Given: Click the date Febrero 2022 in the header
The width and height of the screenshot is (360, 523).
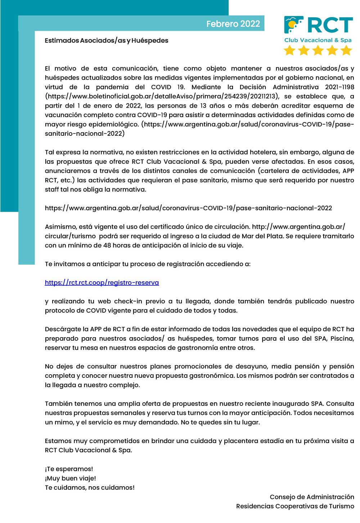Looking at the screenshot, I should click(233, 24).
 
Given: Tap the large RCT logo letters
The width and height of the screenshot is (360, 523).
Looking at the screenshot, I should click(330, 25).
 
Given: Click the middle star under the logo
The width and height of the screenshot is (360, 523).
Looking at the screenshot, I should click(318, 50).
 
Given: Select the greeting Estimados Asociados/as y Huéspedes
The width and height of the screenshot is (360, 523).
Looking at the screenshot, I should click(107, 40).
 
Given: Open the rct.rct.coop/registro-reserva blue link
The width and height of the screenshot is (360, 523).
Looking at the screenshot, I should click(102, 283).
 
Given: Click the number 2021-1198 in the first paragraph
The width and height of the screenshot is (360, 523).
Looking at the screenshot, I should click(339, 87).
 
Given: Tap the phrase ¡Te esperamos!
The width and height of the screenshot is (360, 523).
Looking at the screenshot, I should click(69, 469).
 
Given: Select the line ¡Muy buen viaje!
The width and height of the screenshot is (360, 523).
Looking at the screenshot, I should click(70, 478).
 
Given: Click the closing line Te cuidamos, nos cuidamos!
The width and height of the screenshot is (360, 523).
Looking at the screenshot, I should click(90, 488).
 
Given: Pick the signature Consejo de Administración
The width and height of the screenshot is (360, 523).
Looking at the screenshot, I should click(312, 497).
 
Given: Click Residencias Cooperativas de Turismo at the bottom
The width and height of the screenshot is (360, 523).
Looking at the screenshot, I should click(295, 506).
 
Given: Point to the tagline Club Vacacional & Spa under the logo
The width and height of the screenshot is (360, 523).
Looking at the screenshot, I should click(318, 40).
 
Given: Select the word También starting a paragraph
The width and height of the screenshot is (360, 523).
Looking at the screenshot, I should click(59, 404).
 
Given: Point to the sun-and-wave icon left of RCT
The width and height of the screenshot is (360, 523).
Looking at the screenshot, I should click(294, 25).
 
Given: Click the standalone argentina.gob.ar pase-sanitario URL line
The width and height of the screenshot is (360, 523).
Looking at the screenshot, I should click(188, 208).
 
